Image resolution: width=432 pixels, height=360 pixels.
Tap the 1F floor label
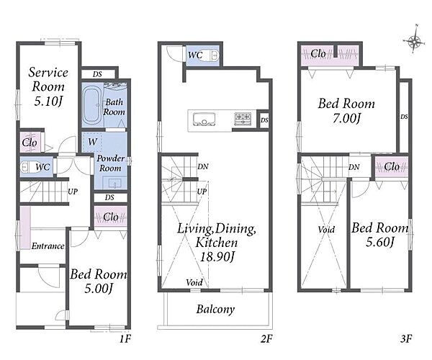[125, 338]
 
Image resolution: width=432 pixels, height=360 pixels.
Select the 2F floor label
[266, 338]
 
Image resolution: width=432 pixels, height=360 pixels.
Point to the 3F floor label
[406, 338]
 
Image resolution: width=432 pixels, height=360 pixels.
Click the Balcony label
[215, 310]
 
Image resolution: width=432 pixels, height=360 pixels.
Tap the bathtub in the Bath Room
[91, 105]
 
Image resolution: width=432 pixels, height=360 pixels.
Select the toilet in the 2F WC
[214, 55]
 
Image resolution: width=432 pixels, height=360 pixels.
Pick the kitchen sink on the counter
[204, 119]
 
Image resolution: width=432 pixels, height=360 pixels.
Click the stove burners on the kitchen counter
[243, 118]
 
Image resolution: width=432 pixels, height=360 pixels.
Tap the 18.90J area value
[217, 257]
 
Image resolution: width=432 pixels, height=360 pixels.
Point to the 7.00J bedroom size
[346, 119]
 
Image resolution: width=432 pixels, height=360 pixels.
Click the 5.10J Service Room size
[48, 102]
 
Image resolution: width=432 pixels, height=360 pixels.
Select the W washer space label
[93, 142]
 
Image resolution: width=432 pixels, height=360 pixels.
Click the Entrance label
[48, 246]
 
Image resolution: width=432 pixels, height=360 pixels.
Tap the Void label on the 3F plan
[326, 230]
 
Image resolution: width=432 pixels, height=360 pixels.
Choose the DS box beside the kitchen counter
[264, 120]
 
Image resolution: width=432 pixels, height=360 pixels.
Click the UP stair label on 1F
[73, 192]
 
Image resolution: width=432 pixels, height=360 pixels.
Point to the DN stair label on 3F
[354, 167]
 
